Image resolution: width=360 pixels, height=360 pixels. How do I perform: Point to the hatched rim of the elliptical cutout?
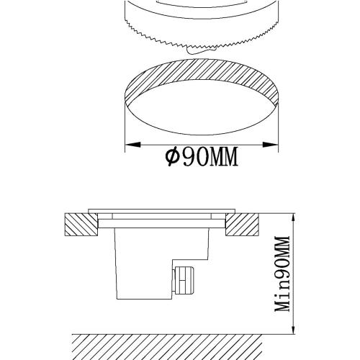click(x=202, y=76)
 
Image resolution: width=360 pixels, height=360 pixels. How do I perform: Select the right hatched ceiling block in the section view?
click(x=242, y=225)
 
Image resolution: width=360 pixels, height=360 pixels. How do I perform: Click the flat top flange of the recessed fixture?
click(x=162, y=212)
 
